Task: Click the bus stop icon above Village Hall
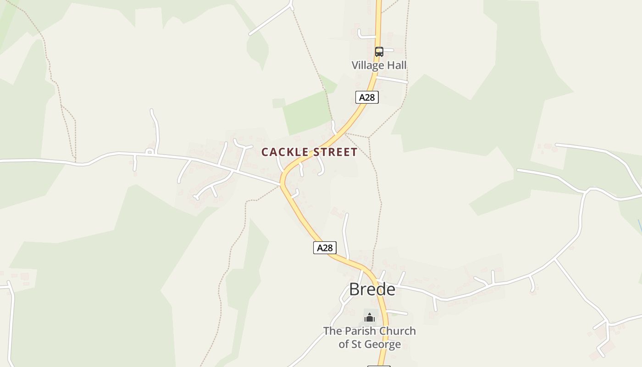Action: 379,51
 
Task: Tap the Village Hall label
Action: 379,65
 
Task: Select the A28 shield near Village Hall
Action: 367,97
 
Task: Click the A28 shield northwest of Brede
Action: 325,248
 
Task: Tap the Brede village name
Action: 372,289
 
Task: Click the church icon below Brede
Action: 370,317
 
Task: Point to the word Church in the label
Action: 398,331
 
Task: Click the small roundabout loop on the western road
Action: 149,151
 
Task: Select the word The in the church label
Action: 332,331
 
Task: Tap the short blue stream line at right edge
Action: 640,226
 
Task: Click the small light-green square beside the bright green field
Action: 278,103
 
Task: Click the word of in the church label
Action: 344,345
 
